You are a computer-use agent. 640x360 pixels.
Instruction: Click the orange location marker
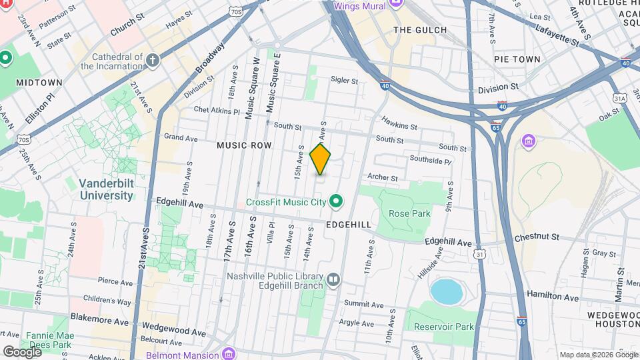point(321,159)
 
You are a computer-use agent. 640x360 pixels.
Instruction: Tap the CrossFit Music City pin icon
point(337,201)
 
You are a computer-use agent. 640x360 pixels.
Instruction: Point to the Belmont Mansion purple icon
point(229,351)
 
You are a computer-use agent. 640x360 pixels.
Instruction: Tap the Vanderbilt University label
point(106,189)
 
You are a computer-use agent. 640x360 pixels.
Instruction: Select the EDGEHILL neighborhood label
point(348,225)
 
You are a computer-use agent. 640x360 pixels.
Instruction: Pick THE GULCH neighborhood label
point(419,30)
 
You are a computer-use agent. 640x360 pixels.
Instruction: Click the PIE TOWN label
point(517,59)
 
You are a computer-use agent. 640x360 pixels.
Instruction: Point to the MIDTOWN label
point(41,82)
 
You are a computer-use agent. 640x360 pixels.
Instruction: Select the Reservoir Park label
point(443,327)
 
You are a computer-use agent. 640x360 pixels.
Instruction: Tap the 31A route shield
point(621,98)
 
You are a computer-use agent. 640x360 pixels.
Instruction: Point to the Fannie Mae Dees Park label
point(48,340)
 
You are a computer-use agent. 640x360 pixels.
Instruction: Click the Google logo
point(22,351)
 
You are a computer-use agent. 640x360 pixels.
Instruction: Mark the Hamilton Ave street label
point(550,293)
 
